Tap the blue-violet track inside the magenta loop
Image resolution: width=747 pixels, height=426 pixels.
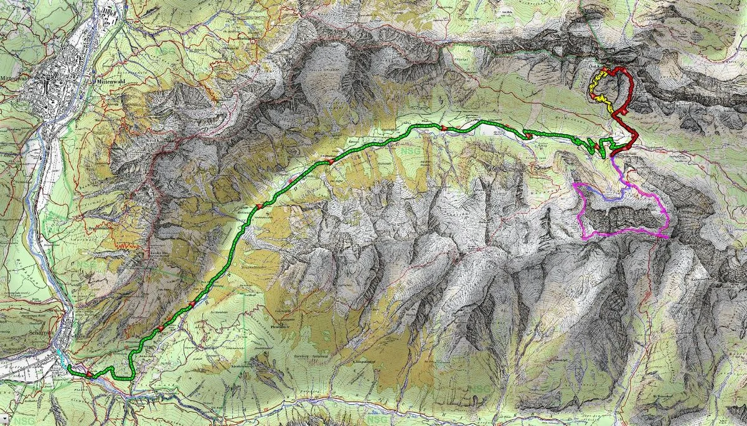[607, 197]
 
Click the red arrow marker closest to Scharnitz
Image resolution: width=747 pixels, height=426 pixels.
[89, 374]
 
